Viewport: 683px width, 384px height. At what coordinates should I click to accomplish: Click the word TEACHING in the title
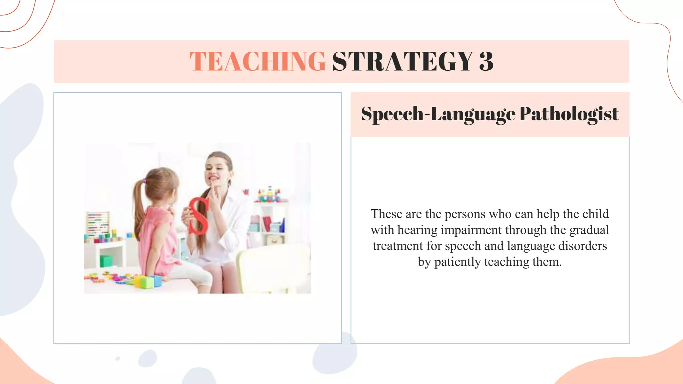click(257, 61)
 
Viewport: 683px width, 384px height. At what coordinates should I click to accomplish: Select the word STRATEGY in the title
click(403, 61)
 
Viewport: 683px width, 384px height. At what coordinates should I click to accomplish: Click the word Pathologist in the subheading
click(569, 114)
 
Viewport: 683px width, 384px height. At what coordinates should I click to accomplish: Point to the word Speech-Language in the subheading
click(438, 114)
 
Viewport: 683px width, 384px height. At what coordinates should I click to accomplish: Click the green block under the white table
click(106, 260)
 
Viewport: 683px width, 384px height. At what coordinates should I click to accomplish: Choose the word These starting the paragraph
click(386, 214)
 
